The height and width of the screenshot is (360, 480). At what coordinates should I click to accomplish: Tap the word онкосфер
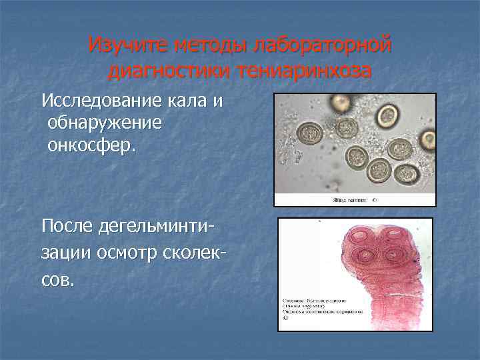point(91,145)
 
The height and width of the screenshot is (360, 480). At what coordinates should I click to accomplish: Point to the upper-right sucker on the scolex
point(393,236)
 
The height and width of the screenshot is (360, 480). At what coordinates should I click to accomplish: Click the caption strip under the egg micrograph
point(355,199)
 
